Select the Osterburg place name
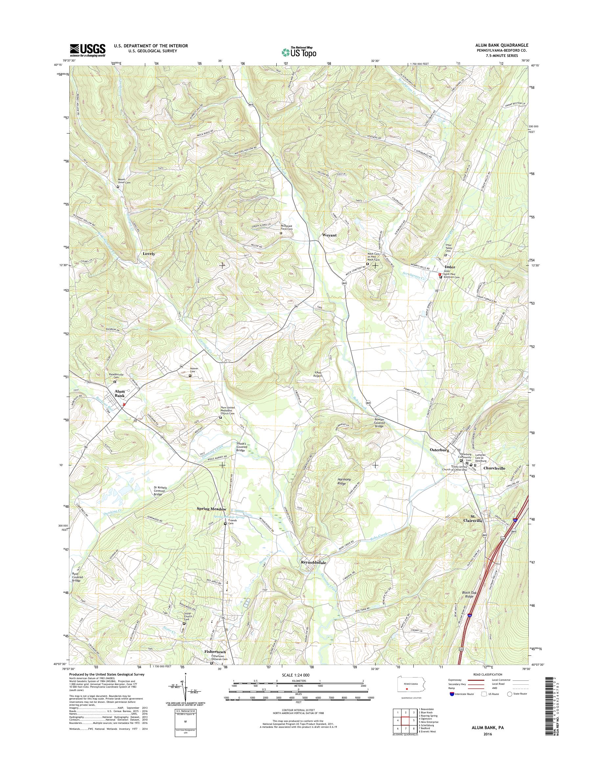coord(439,450)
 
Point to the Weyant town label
coord(329,235)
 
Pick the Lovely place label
coord(149,253)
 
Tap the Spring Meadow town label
coord(212,509)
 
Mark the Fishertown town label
coord(215,652)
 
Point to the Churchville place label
coord(494,468)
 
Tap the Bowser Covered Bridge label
coord(379,423)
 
